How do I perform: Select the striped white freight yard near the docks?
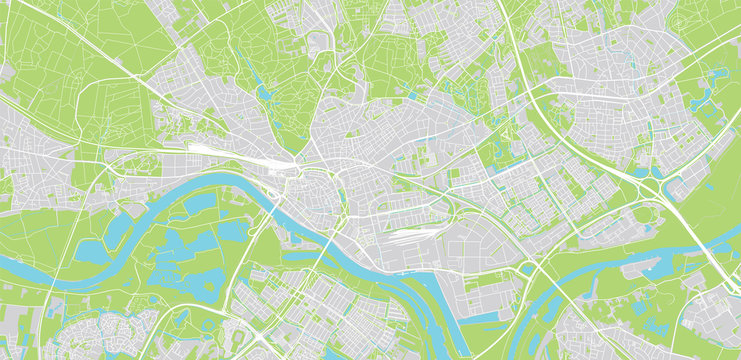click(406, 238)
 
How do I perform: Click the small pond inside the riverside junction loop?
click(527, 268)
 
